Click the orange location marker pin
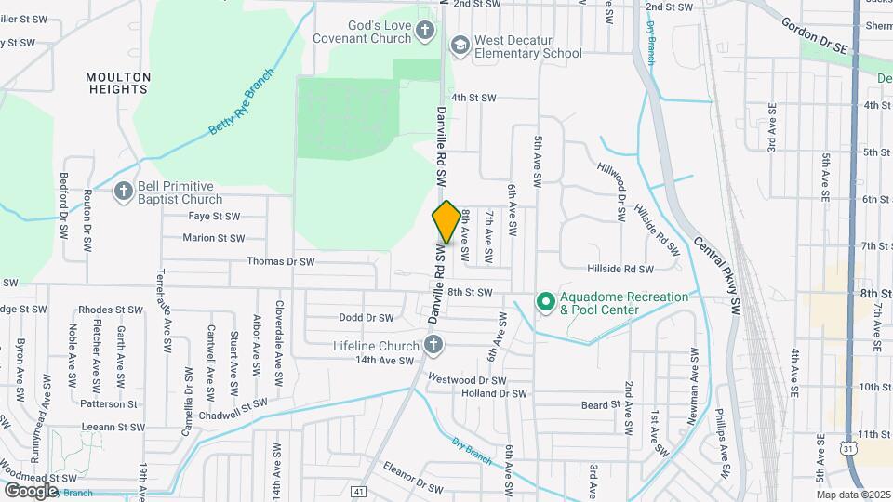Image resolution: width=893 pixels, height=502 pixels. pos(446,222)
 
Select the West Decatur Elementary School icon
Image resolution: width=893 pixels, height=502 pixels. pos(460,45)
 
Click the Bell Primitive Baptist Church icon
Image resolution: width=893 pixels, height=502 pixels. pos(124,191)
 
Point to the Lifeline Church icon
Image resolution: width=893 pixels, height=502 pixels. pos(432,346)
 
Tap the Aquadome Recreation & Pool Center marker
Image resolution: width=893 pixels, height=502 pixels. pos(546,302)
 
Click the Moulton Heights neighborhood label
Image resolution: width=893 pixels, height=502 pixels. pos(116,83)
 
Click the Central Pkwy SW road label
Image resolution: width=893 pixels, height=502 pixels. pos(721,272)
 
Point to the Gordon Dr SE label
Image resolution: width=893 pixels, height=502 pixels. pos(815,34)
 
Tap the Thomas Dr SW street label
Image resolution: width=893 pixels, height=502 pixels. pos(279,262)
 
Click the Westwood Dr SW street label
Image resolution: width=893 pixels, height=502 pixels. pos(466,380)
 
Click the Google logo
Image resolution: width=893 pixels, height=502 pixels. pos(31,490)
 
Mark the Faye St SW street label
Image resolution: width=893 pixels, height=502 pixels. pos(214,216)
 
